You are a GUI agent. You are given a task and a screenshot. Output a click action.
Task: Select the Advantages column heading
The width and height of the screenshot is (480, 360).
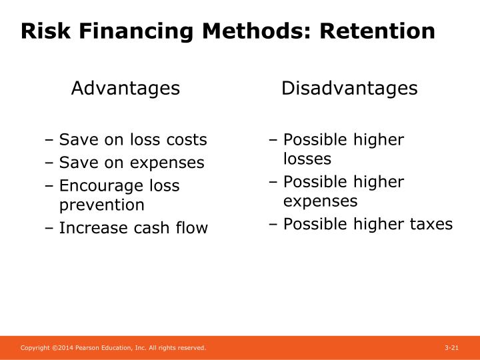[125, 88]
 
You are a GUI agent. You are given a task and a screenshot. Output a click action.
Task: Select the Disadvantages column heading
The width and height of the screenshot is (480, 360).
[349, 88]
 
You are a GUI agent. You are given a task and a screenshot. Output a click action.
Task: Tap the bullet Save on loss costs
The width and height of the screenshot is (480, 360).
[133, 140]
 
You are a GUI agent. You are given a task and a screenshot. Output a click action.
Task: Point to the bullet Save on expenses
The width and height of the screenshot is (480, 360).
[131, 163]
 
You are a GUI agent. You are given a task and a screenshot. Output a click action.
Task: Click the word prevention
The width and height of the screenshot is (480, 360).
[101, 205]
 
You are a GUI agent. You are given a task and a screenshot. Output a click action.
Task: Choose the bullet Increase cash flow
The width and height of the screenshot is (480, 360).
[133, 228]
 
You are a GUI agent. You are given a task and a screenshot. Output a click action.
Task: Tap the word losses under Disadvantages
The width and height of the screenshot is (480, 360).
[307, 159]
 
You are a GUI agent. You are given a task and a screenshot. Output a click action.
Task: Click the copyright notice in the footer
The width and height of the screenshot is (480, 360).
[113, 349]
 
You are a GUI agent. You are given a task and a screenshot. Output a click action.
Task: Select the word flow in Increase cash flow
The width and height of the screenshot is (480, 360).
[193, 228]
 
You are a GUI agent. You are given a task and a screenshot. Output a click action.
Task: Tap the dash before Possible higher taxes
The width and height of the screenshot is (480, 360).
[273, 225]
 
